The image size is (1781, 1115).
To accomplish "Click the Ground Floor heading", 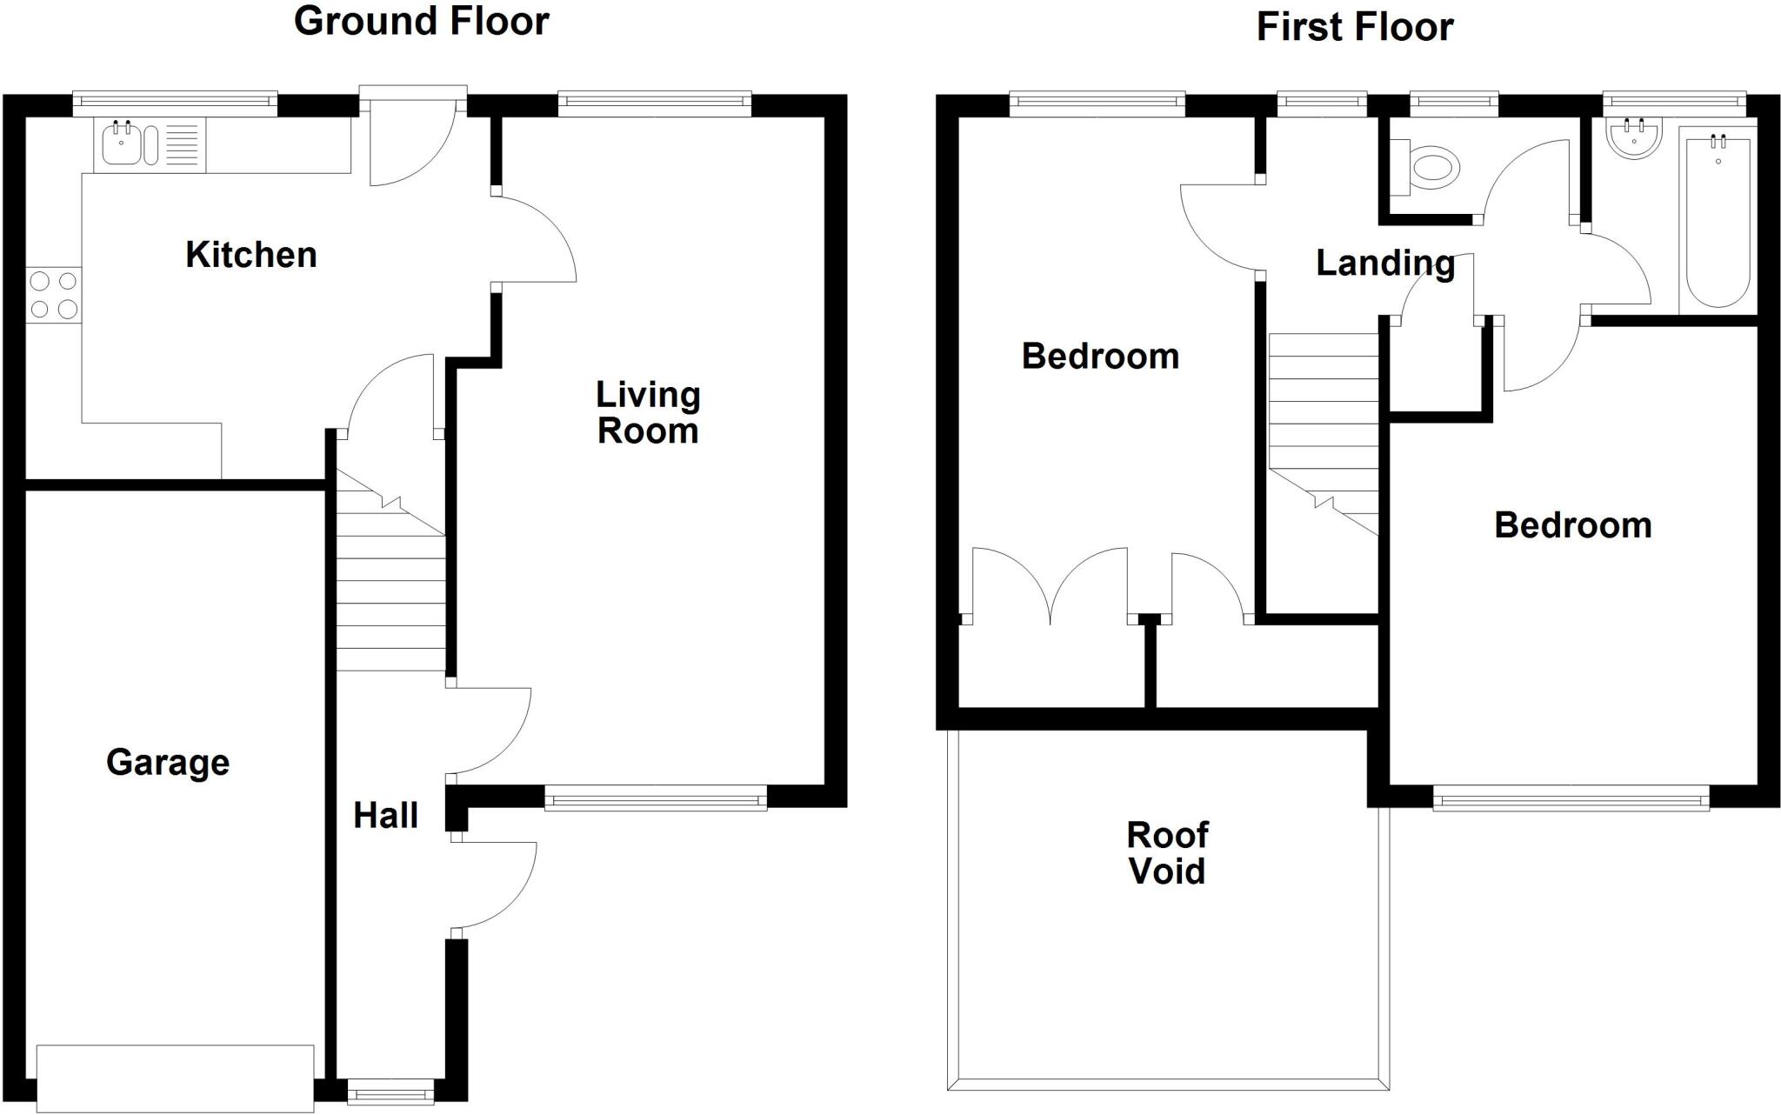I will (x=421, y=22).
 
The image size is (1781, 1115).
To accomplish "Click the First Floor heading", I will (x=1354, y=27).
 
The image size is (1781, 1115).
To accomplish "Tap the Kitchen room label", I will (x=250, y=255).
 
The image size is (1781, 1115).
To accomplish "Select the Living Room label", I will (x=647, y=413).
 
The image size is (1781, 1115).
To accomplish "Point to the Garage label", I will (x=168, y=763).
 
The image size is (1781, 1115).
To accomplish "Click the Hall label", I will (x=385, y=816).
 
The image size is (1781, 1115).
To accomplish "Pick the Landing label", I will (x=1384, y=263).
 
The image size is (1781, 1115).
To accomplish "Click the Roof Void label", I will (x=1166, y=853).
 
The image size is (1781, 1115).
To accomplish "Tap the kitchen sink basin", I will (x=120, y=144).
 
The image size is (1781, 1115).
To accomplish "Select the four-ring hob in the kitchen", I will (x=54, y=295).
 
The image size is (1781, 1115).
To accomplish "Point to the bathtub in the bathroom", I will (x=1718, y=217).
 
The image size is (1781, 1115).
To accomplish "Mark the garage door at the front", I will (x=175, y=1077).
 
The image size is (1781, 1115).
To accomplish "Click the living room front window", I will (x=656, y=797).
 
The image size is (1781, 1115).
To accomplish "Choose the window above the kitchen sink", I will (x=174, y=104).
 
